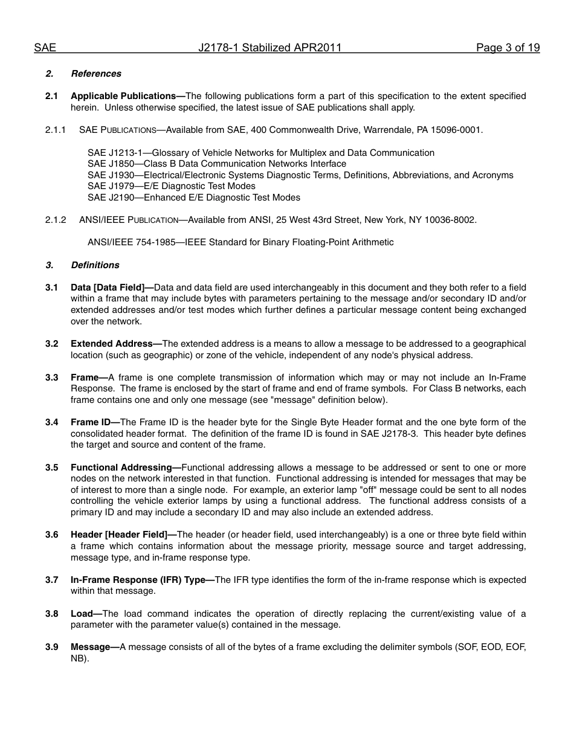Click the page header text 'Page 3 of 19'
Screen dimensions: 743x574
click(x=508, y=48)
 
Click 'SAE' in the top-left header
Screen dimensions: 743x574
click(x=45, y=48)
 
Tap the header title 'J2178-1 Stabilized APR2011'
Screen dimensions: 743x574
click(x=270, y=48)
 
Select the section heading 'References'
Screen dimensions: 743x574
click(x=96, y=74)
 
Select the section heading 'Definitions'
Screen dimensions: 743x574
click(x=95, y=265)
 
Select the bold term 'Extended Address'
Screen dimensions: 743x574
click(x=112, y=344)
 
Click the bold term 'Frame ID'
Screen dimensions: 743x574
click(x=91, y=422)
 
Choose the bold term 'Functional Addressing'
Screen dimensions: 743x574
click(x=121, y=468)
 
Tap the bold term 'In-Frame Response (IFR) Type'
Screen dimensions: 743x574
click(x=138, y=580)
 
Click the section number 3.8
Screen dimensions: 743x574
click(x=52, y=614)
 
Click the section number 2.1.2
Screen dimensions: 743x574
click(x=56, y=220)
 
